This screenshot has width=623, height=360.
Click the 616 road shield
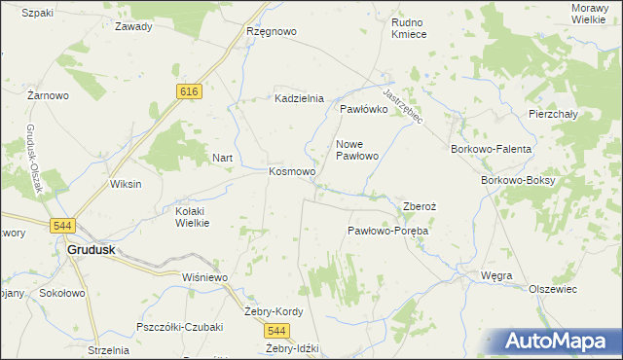point(190,90)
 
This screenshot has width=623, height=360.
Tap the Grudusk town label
point(92,249)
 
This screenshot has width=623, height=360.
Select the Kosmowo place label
point(291,172)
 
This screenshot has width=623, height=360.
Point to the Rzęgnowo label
point(272,31)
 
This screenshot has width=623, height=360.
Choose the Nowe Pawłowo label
point(356,150)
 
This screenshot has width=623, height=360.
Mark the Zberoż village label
point(422,206)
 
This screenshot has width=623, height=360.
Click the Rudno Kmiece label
point(409,27)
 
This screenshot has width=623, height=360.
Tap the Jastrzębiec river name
point(402,106)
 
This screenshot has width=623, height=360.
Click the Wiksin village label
point(126,184)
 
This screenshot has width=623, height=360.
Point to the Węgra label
point(496,276)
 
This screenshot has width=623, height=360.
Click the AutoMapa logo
point(559,342)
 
